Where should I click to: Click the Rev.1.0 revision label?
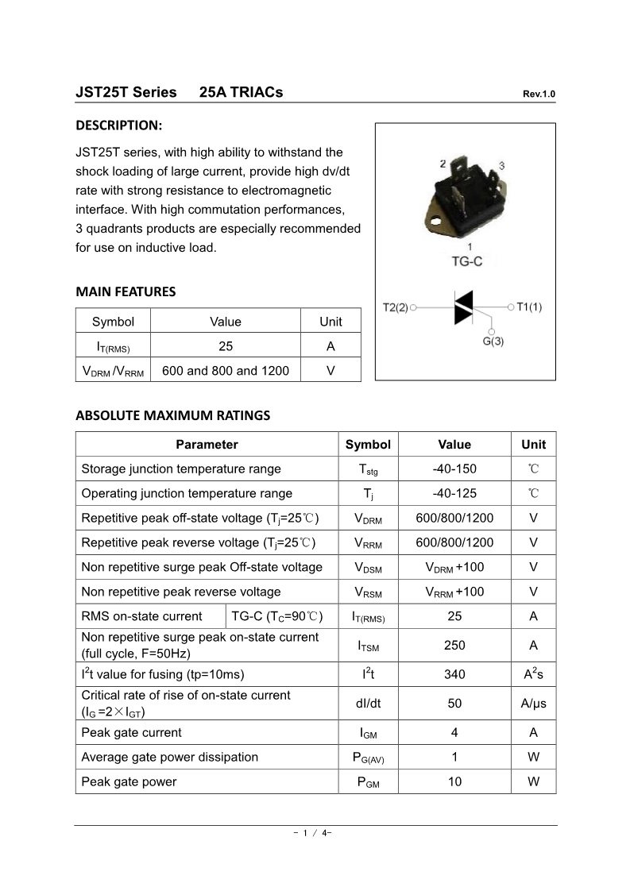pos(539,94)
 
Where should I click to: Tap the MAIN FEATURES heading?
pos(126,291)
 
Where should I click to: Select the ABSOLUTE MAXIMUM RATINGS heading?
pos(172,415)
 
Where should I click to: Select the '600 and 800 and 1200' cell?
pos(226,370)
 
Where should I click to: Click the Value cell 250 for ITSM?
pos(454,646)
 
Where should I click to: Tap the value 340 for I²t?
pos(454,674)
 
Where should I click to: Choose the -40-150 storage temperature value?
pos(454,469)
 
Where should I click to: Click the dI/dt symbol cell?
pos(368,703)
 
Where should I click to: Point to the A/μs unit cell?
pos(533,703)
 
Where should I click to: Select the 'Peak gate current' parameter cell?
pos(131,732)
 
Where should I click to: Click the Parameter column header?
pos(207,445)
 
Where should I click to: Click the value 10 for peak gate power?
pos(454,781)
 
